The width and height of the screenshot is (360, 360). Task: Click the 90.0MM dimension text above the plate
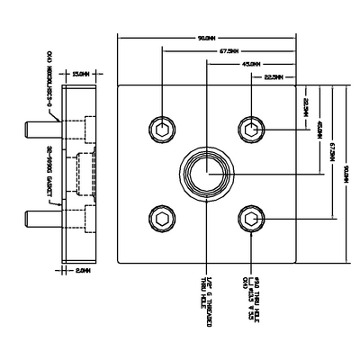coord(205,39)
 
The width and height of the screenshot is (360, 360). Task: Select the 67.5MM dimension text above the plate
coord(226,51)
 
